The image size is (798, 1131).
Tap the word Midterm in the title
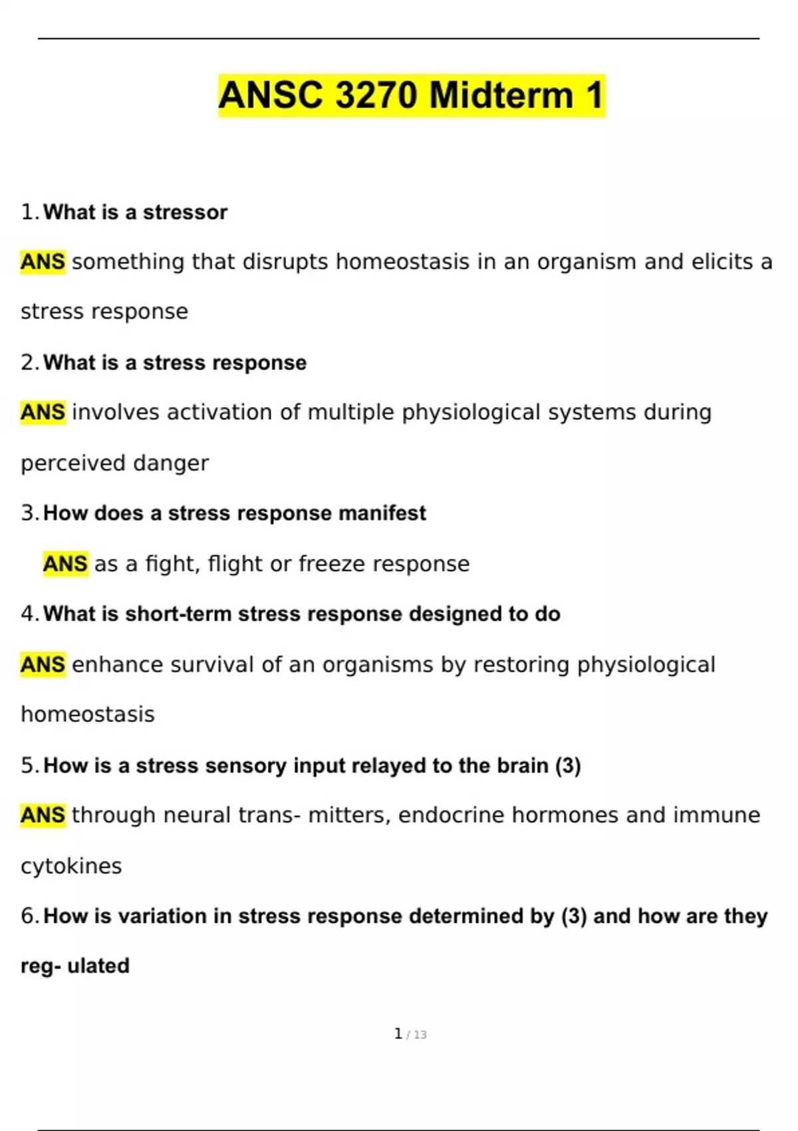(501, 95)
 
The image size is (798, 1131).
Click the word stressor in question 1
(185, 212)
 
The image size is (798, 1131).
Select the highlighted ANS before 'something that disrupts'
(43, 261)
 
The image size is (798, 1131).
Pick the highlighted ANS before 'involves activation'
(43, 412)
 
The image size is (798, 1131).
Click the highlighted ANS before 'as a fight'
(65, 564)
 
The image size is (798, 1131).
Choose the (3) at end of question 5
(567, 766)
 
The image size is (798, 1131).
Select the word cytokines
(71, 866)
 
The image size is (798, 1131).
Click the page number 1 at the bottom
(398, 1034)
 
